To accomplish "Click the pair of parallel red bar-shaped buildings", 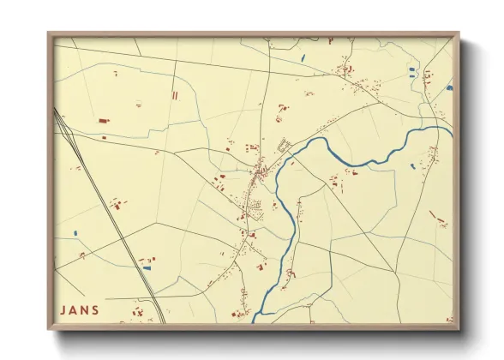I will click(x=174, y=96).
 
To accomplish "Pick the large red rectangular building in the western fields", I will click(x=104, y=122).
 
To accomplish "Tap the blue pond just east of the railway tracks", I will click(x=147, y=268).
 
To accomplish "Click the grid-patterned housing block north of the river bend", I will click(x=284, y=146).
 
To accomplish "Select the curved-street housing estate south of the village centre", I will click(x=255, y=205).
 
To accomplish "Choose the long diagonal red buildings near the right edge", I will click(x=439, y=219).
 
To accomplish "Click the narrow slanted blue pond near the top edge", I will click(x=303, y=58).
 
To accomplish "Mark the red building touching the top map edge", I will click(x=329, y=39).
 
